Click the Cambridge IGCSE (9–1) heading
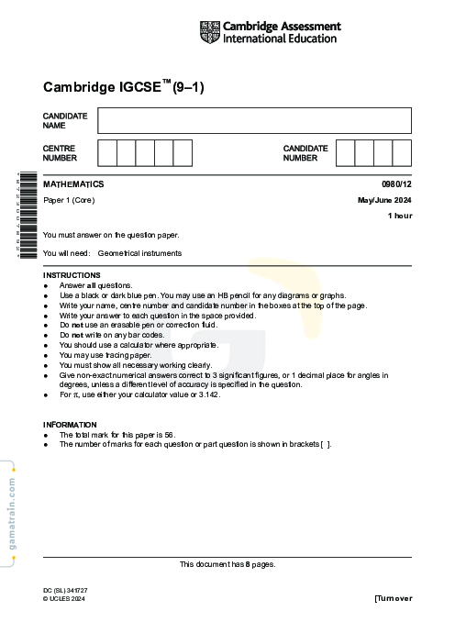(x=123, y=88)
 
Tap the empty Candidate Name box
(x=254, y=120)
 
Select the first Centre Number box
(x=106, y=152)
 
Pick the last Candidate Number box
(x=402, y=152)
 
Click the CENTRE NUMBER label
(x=61, y=152)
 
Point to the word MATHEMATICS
(x=73, y=184)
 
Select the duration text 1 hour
(x=400, y=216)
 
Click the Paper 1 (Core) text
(x=69, y=200)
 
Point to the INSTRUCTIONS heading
(x=72, y=275)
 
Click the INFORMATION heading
(x=70, y=425)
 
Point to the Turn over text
(x=394, y=598)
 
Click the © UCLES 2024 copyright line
(x=64, y=598)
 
